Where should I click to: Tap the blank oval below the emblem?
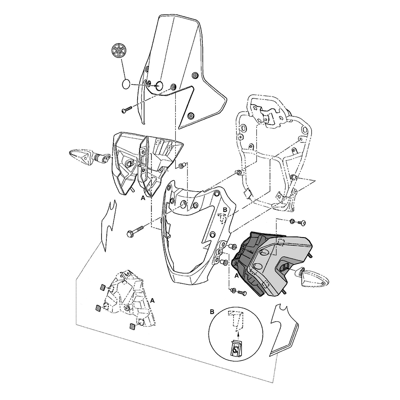(x=126, y=84)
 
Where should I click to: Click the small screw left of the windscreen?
(x=127, y=110)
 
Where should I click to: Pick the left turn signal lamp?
(x=90, y=157)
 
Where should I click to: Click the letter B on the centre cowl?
(x=225, y=210)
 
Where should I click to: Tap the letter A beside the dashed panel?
(x=152, y=300)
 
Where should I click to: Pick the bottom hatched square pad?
(x=133, y=326)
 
